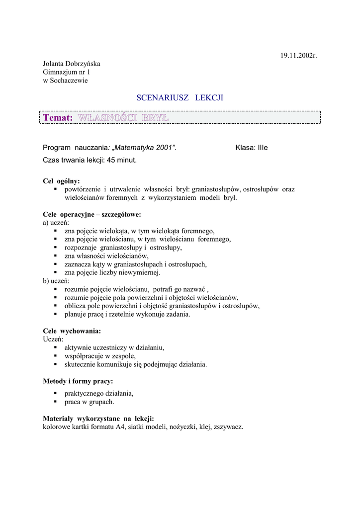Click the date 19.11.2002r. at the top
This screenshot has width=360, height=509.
pos(298,55)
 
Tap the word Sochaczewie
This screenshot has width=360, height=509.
pos(70,81)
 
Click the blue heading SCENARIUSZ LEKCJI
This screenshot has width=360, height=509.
pos(180,98)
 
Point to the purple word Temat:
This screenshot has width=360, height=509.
pos(58,118)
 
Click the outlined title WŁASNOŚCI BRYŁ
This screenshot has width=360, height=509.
pos(124,118)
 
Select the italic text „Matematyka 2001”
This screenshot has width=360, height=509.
pos(144,148)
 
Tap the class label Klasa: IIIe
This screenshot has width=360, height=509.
pos(251,148)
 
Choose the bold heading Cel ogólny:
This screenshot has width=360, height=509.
pos(61,181)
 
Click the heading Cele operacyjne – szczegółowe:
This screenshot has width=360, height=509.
pos(92,215)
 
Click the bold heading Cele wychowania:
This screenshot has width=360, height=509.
pos(72,331)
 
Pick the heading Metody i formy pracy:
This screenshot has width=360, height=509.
pos(78,381)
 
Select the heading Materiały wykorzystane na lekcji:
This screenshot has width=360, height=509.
pos(98,419)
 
